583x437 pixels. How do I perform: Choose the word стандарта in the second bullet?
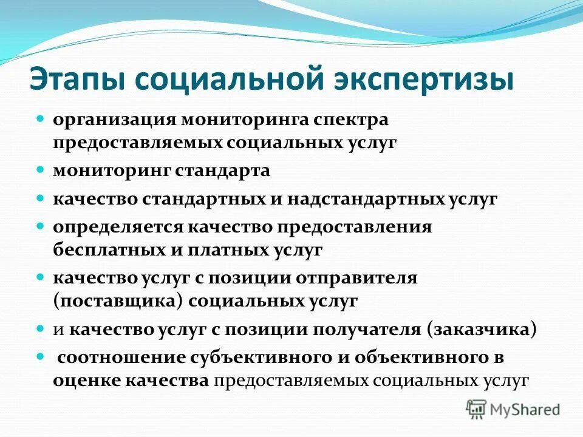(x=223, y=171)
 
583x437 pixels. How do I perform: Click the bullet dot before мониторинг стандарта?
(x=41, y=169)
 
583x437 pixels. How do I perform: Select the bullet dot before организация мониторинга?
(x=41, y=118)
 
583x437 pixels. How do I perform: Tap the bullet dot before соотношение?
(x=41, y=357)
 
